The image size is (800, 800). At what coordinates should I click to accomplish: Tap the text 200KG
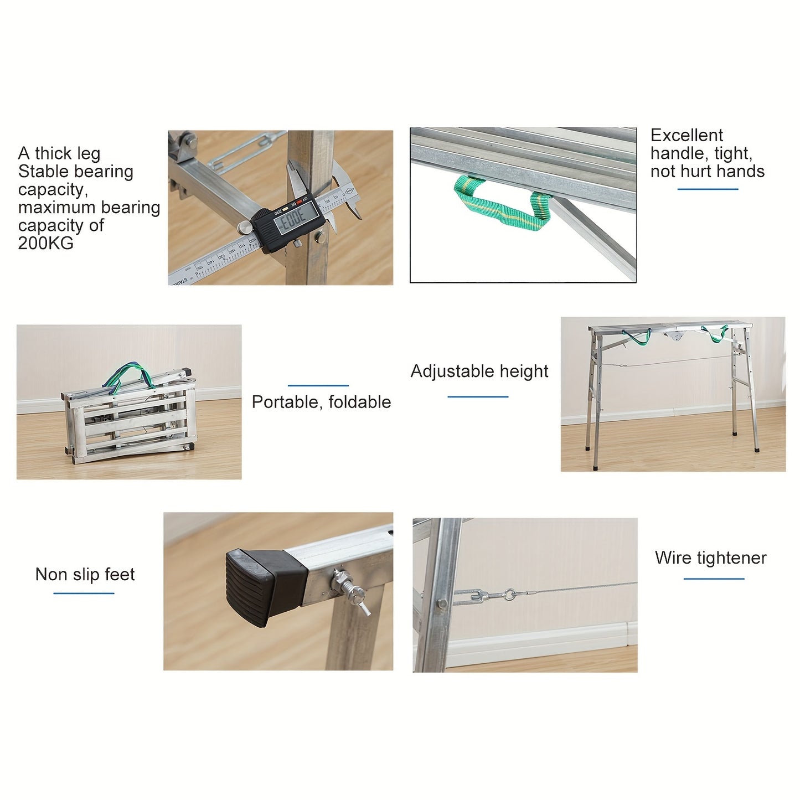pos(45,243)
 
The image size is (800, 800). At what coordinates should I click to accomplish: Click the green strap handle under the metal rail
pos(502,203)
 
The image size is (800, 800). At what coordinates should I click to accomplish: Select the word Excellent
pos(687,135)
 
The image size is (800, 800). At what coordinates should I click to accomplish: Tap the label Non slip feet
pos(85,575)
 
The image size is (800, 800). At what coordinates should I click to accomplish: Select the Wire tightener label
pos(711,558)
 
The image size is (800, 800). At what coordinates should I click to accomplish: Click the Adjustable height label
pos(479,371)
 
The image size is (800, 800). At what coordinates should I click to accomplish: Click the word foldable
pos(359,402)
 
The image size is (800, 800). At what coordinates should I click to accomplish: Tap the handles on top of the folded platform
pos(130,377)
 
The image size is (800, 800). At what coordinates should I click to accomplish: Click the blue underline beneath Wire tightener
pos(714,579)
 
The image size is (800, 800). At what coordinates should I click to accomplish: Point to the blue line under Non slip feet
pos(84,593)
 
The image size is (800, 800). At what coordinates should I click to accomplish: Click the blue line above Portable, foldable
pos(318,386)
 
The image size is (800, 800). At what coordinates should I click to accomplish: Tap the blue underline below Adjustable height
pos(478,397)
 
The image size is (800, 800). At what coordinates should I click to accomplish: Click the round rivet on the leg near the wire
pos(443,603)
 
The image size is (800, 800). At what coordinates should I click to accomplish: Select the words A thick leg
pos(59,154)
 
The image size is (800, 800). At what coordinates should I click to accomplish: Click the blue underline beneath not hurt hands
pos(708,189)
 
